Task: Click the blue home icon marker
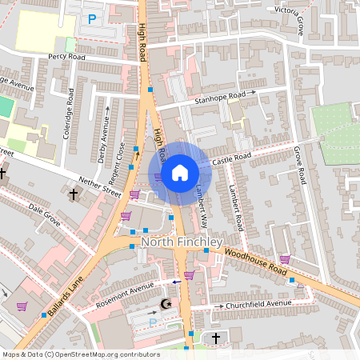coord(180,172)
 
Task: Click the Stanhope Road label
coord(219,98)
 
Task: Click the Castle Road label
coord(232,158)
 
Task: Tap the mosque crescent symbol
coord(166,304)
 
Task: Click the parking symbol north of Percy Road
coord(92,18)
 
